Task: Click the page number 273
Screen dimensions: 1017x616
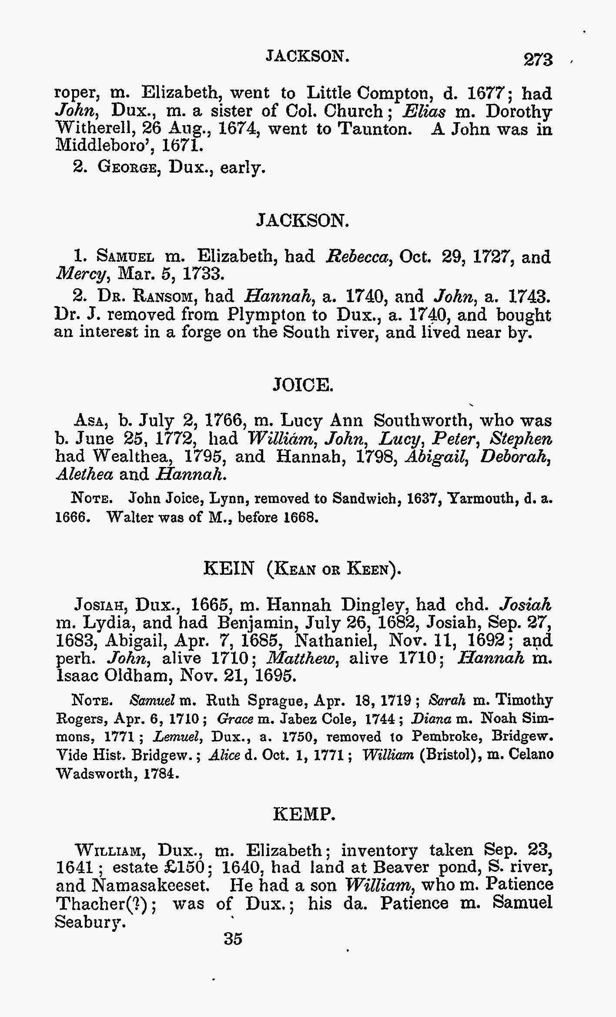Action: pyautogui.click(x=538, y=59)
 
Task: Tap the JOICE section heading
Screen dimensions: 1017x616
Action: pyautogui.click(x=303, y=385)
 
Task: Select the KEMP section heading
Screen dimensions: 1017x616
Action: pyautogui.click(x=304, y=814)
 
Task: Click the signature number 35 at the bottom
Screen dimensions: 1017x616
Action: pyautogui.click(x=233, y=939)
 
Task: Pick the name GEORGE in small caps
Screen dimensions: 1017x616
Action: pyautogui.click(x=127, y=167)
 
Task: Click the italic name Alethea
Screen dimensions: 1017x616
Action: pyautogui.click(x=84, y=474)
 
